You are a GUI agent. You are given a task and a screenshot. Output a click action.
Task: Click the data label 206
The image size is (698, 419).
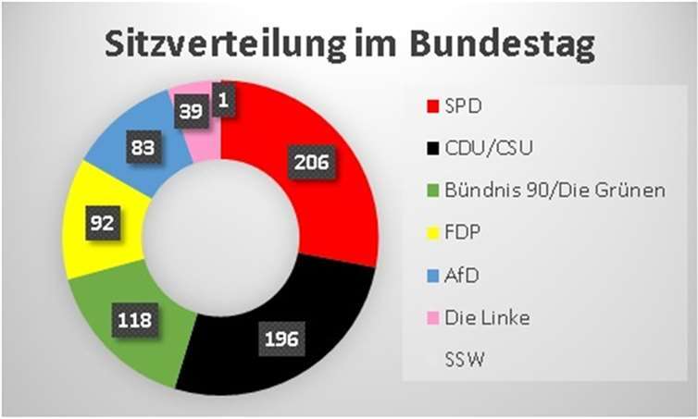[x=312, y=162]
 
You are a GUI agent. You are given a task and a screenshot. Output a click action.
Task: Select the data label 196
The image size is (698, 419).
[x=279, y=339]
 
